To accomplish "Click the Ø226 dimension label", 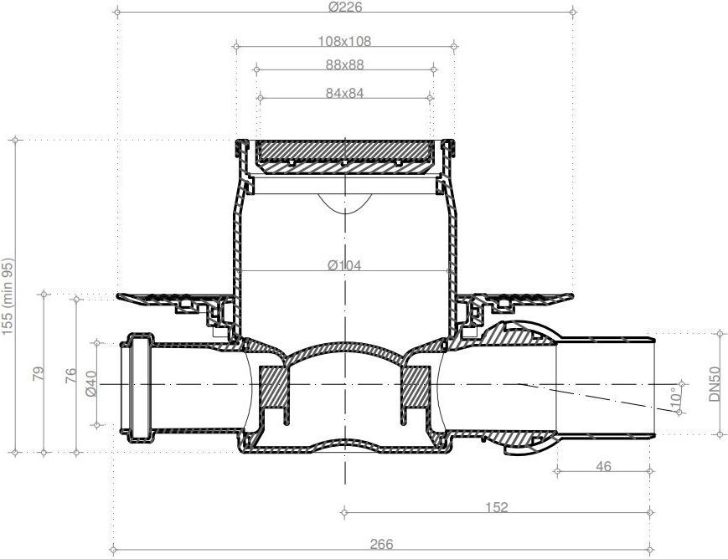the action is (x=344, y=7).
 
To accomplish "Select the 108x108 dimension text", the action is (x=344, y=41).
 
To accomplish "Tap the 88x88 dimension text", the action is (x=344, y=64).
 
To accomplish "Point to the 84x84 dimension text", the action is (x=344, y=93).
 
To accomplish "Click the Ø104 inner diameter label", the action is (x=344, y=265).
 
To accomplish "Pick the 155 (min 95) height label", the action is (x=8, y=296).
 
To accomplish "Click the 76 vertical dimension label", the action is (x=70, y=375).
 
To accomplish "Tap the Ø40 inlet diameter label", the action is (x=91, y=383).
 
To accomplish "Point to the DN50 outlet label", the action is (x=715, y=384).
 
